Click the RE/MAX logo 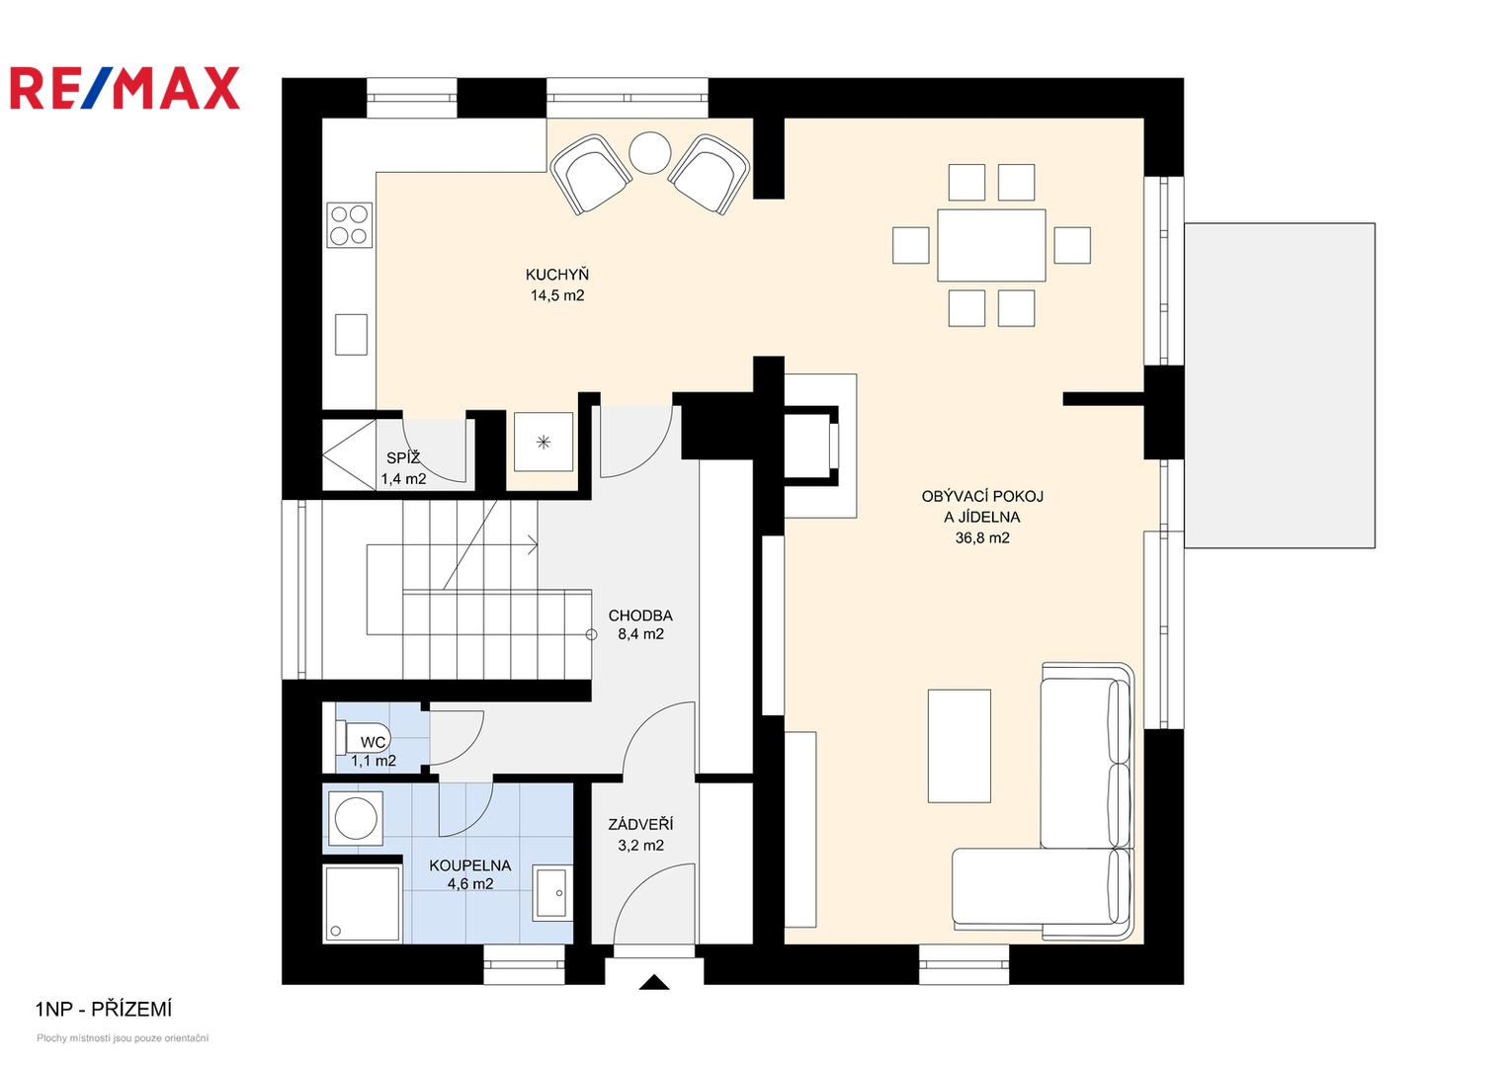125,88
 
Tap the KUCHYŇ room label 557,275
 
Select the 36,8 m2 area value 982,538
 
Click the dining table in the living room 991,245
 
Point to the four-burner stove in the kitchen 350,225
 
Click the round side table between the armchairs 649,152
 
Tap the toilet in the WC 363,738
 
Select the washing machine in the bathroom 356,818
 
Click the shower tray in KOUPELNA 363,903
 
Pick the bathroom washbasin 551,892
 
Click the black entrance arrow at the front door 654,982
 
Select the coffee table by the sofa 960,746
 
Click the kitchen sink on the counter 351,334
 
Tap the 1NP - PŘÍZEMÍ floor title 104,1009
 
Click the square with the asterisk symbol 544,442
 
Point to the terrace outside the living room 1280,385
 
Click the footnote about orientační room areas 123,1038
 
